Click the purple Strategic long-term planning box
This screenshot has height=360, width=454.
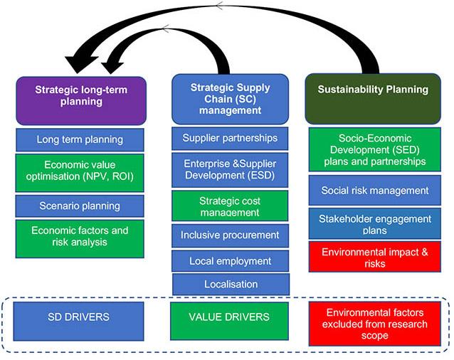pos(80,97)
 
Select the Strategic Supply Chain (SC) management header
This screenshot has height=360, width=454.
pos(230,97)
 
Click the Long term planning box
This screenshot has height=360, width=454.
pos(80,139)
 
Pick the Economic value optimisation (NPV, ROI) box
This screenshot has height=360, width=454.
pos(80,172)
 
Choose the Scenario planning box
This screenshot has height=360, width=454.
pos(80,206)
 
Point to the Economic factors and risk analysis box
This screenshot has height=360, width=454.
pos(80,238)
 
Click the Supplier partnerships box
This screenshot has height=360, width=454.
pos(230,138)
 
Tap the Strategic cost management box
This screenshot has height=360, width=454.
pos(230,205)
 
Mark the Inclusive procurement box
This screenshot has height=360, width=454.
pos(230,235)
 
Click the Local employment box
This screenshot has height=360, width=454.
pos(230,261)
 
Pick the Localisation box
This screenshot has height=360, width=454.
pos(230,284)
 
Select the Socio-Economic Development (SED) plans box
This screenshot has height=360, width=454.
pos(379,149)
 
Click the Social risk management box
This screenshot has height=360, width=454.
pos(379,190)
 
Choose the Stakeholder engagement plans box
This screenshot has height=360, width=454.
pos(379,223)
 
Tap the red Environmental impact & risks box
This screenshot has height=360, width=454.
pos(379,257)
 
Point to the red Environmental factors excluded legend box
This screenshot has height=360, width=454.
pos(379,324)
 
